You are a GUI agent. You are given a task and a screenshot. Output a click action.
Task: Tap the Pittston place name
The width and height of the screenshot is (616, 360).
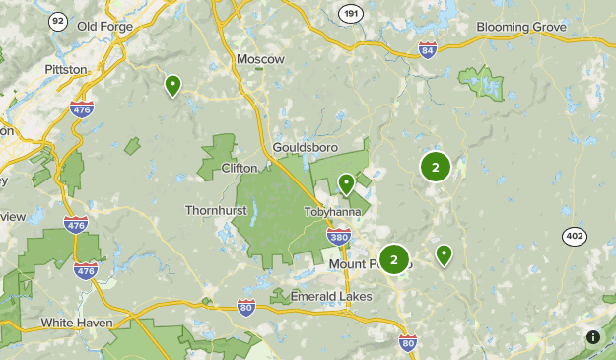tap(66, 70)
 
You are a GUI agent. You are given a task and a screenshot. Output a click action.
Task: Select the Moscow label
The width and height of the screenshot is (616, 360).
tap(260, 59)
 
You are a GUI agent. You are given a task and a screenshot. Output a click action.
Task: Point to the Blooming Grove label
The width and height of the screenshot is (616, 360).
tap(521, 27)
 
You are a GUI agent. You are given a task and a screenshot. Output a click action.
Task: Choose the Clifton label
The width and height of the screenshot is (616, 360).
tap(240, 168)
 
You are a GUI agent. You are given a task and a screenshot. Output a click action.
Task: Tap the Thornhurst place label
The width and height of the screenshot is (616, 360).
tap(214, 210)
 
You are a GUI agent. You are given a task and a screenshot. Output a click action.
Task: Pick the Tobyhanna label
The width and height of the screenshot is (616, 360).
tap(331, 212)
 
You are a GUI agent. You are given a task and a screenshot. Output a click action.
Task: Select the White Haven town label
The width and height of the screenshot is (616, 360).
tap(77, 323)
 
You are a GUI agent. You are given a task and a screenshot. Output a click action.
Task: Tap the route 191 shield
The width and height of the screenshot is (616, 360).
tap(349, 14)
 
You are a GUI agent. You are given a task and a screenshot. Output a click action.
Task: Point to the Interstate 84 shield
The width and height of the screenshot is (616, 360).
tap(427, 49)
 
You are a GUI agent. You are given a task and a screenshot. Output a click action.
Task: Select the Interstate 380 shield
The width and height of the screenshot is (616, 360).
tap(339, 236)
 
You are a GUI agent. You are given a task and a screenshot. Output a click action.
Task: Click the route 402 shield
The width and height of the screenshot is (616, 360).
tap(575, 236)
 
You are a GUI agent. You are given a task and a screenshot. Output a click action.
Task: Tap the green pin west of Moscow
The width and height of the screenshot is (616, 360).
tap(172, 86)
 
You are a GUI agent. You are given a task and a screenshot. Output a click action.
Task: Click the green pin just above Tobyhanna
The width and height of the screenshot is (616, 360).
tap(346, 183)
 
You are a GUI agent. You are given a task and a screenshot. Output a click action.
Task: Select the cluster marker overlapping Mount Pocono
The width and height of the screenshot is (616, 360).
tap(394, 260)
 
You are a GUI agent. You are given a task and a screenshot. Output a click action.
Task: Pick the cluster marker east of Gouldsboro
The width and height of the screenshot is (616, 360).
tap(435, 167)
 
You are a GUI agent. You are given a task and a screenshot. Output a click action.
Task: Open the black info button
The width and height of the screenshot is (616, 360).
tap(593, 337)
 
